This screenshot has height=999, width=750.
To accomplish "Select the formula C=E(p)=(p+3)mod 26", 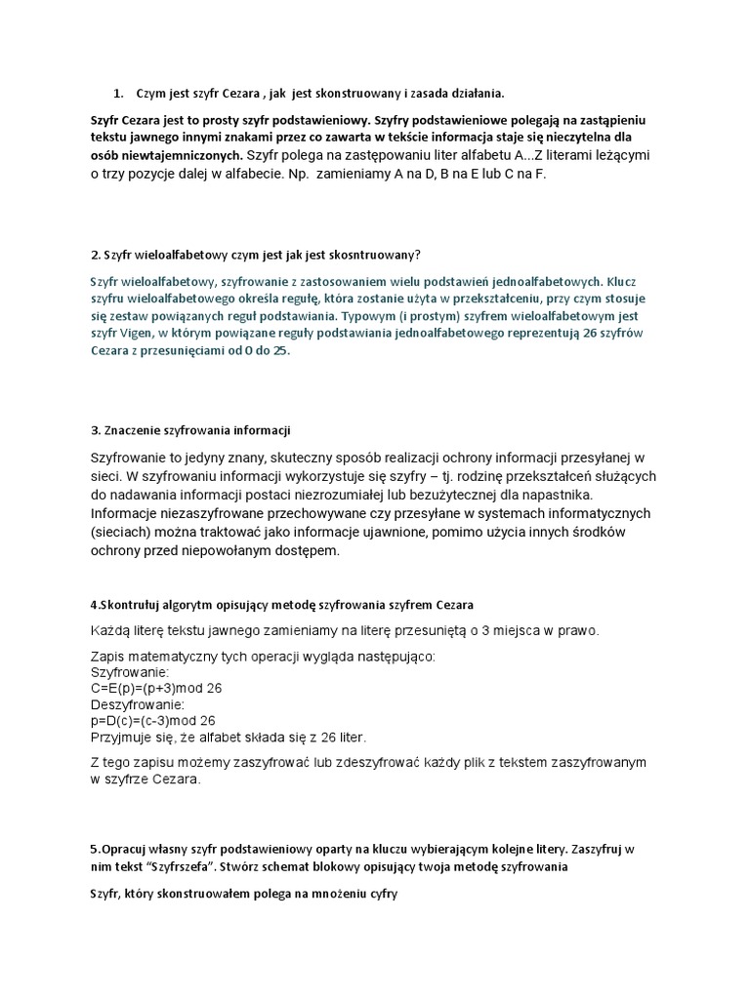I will point(156,688).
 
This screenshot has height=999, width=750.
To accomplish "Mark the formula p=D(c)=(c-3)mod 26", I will point(153,721).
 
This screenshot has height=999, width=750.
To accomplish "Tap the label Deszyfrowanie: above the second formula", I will point(136,704).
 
